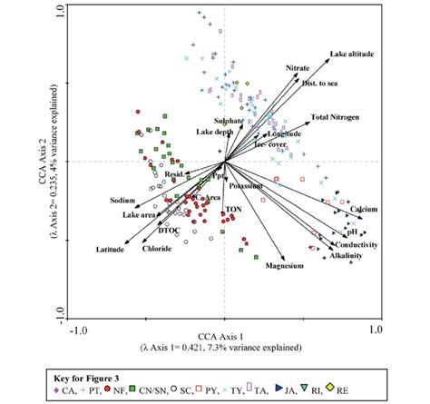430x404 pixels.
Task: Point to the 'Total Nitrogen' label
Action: pyautogui.click(x=333, y=117)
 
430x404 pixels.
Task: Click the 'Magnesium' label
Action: pyautogui.click(x=284, y=267)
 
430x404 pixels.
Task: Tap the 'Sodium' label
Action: pyautogui.click(x=122, y=199)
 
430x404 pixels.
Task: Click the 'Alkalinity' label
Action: pyautogui.click(x=346, y=257)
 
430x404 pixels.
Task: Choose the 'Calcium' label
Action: pyautogui.click(x=364, y=209)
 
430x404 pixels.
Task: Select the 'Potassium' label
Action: pyautogui.click(x=245, y=185)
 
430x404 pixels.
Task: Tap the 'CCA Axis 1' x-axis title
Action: pyautogui.click(x=224, y=336)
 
